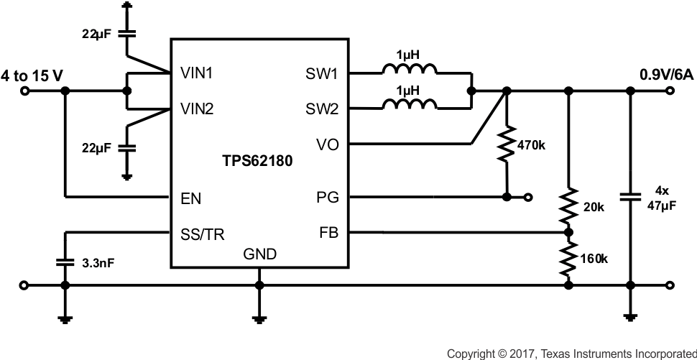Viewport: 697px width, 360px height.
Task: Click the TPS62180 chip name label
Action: (x=257, y=162)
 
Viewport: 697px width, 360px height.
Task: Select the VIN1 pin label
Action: (x=196, y=73)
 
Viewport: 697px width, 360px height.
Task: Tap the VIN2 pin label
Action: (x=196, y=109)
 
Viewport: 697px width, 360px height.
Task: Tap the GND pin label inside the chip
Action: (x=259, y=254)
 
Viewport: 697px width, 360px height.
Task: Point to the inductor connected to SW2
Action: (x=409, y=106)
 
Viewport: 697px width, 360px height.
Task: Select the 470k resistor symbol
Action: (x=507, y=144)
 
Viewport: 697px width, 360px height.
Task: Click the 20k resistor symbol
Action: (x=569, y=207)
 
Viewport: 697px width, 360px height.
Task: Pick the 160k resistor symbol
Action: (x=569, y=259)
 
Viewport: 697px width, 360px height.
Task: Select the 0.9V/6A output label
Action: (x=668, y=75)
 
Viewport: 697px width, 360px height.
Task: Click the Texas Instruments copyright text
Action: (x=571, y=353)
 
